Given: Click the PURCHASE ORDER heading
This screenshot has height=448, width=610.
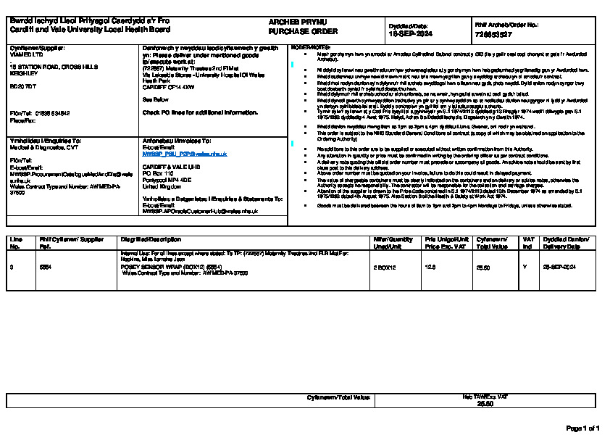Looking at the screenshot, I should (x=293, y=32).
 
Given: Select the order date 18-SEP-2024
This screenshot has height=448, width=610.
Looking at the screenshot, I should (x=411, y=33).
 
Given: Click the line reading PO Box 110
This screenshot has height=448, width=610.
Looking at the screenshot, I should (x=159, y=174).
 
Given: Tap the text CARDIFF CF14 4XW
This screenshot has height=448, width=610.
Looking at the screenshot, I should (x=168, y=86).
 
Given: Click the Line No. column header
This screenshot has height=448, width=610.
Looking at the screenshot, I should (x=17, y=242).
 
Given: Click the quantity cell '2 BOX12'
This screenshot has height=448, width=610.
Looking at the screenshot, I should (x=385, y=267).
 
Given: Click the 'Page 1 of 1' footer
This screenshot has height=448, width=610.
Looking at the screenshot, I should (x=582, y=428).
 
